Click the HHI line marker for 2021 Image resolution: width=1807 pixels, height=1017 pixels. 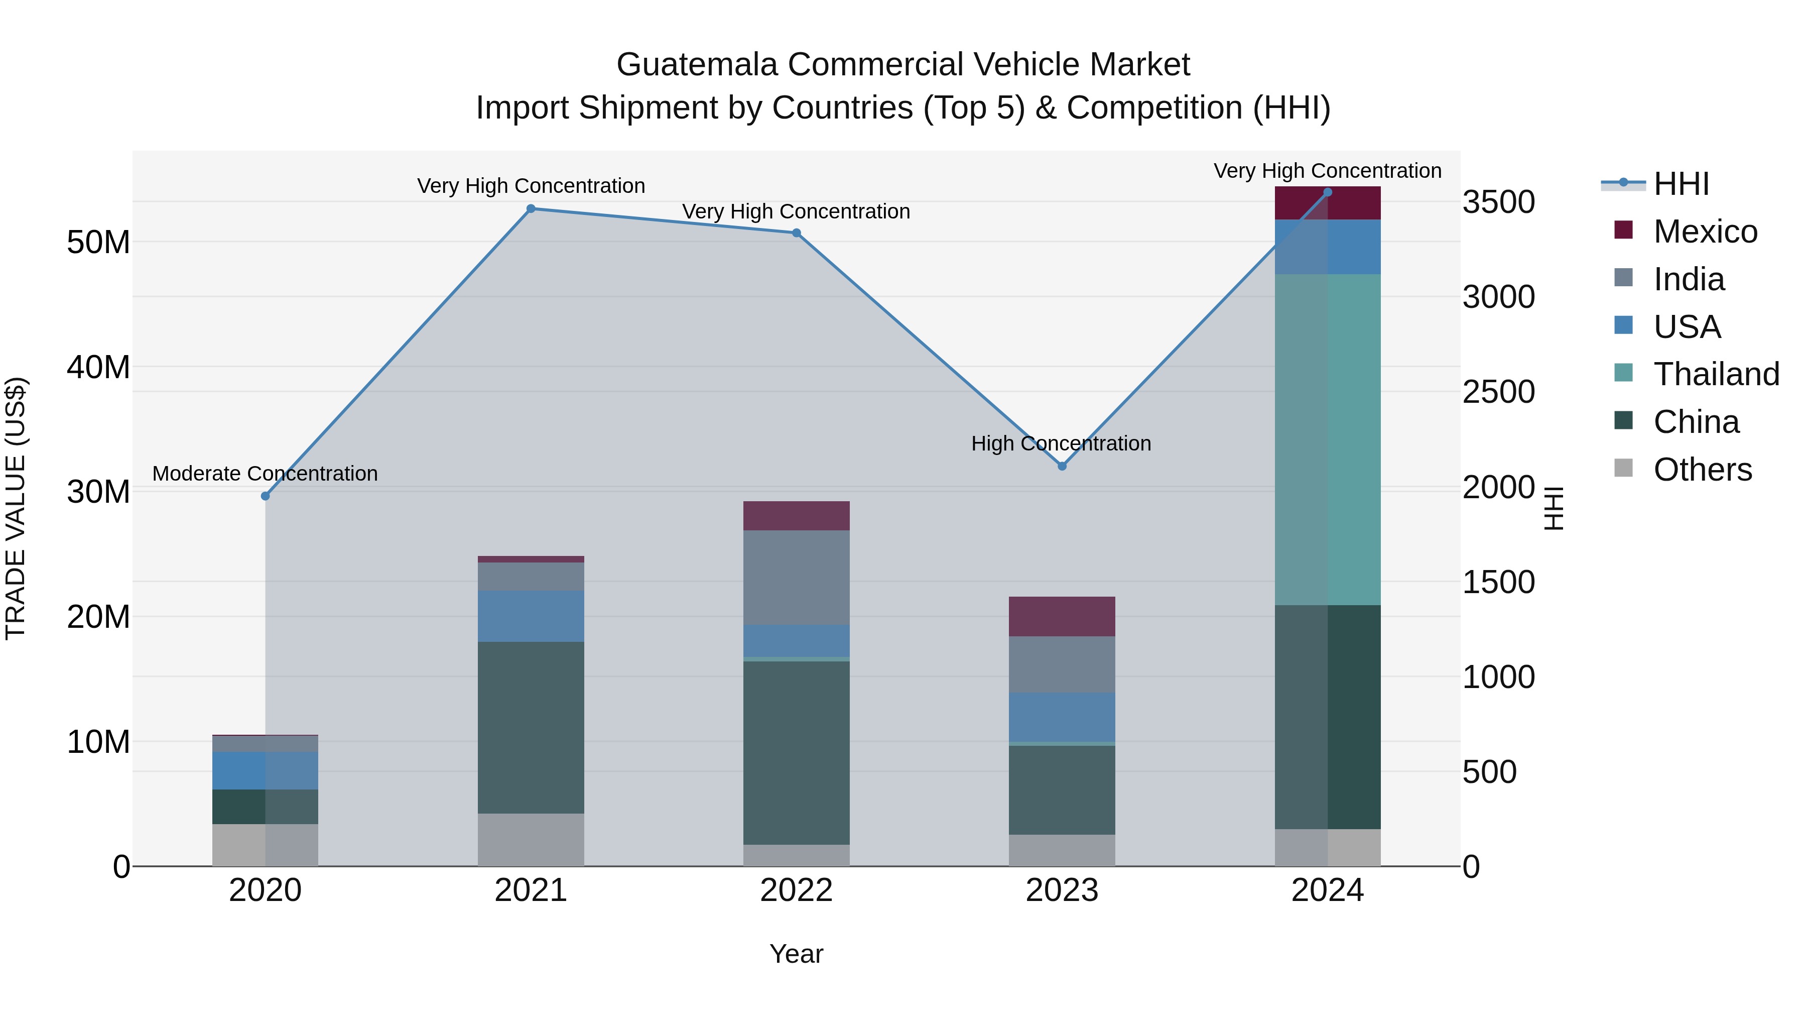[531, 208]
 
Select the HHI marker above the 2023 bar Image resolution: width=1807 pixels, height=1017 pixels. [1062, 466]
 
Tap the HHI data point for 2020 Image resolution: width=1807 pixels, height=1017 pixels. [265, 496]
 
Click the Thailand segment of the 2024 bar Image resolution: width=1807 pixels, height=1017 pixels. [1327, 439]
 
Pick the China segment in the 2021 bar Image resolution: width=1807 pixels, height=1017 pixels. [531, 727]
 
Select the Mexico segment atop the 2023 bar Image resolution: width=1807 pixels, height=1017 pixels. [1062, 616]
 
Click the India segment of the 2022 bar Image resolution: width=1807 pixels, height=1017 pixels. [796, 577]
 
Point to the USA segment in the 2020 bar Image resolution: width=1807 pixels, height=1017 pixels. [265, 770]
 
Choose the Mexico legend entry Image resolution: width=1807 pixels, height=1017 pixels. [1705, 232]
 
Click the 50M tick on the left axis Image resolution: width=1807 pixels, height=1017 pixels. [98, 242]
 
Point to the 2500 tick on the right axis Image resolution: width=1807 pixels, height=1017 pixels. [1498, 392]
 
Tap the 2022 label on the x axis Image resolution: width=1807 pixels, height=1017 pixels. [796, 890]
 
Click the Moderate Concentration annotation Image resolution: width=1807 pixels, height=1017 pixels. [265, 474]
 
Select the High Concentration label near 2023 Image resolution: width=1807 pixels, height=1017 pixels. [1061, 443]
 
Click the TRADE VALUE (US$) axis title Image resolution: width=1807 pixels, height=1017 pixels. [16, 508]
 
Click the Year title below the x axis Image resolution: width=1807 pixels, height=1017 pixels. [796, 954]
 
